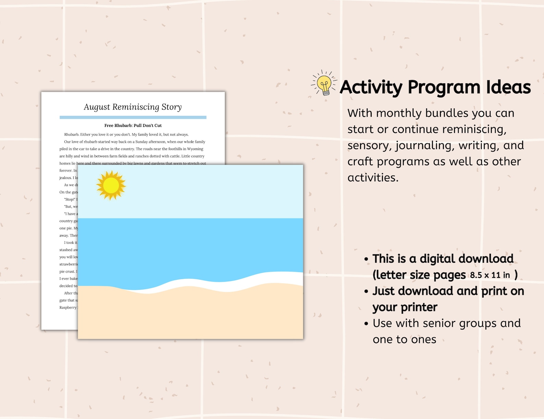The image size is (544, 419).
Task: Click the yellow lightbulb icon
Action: click(x=324, y=84)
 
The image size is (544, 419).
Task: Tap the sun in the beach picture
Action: click(x=111, y=185)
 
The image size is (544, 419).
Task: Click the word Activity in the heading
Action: click(x=371, y=87)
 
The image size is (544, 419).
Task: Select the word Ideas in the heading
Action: click(x=508, y=87)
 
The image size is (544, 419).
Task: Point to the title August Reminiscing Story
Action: click(x=133, y=107)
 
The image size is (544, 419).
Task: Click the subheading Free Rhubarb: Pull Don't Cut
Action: click(x=133, y=125)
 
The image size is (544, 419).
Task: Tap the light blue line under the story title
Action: click(x=133, y=117)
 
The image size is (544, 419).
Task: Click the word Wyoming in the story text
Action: click(x=195, y=149)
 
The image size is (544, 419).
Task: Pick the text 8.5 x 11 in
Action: click(x=490, y=275)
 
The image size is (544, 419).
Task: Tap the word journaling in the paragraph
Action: click(x=424, y=145)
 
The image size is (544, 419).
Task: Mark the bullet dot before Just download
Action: click(x=366, y=291)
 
